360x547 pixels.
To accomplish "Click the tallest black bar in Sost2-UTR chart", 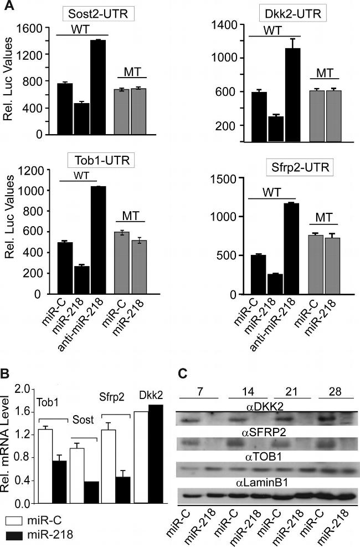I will [101, 87].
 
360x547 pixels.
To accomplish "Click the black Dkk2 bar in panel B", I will [156, 454].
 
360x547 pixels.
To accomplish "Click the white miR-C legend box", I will [15, 522].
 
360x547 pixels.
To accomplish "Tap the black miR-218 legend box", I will [15, 535].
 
